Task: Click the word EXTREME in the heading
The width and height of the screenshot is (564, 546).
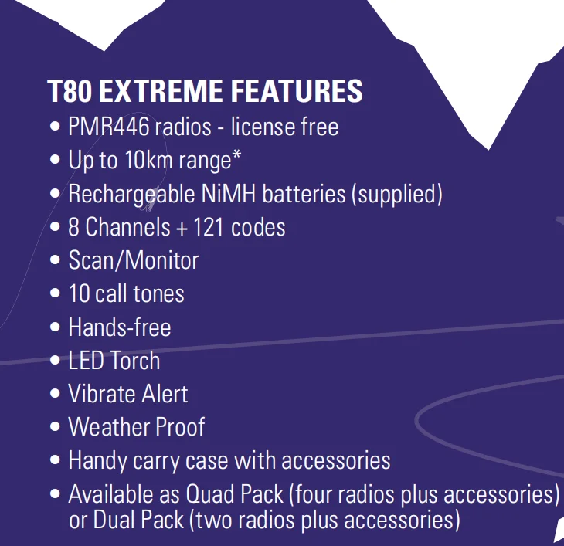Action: point(161,91)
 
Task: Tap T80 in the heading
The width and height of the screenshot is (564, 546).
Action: point(70,91)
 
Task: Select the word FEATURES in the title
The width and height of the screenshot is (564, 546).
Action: point(297,91)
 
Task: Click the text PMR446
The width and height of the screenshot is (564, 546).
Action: point(109,127)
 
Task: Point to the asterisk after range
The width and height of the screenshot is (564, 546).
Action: point(236,155)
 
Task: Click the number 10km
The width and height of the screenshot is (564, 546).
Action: point(149,160)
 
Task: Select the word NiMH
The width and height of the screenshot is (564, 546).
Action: point(229,193)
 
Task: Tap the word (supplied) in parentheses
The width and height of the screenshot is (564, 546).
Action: point(397,195)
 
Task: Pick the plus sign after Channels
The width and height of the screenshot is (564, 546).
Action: point(182,229)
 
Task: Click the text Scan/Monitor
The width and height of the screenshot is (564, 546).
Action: point(134,260)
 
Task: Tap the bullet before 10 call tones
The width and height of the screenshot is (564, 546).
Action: point(55,293)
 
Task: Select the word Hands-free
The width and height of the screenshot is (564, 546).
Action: point(120,327)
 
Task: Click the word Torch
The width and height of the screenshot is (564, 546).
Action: point(135,360)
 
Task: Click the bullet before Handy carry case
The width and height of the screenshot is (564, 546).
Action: point(55,460)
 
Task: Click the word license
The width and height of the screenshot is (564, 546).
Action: point(262,127)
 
